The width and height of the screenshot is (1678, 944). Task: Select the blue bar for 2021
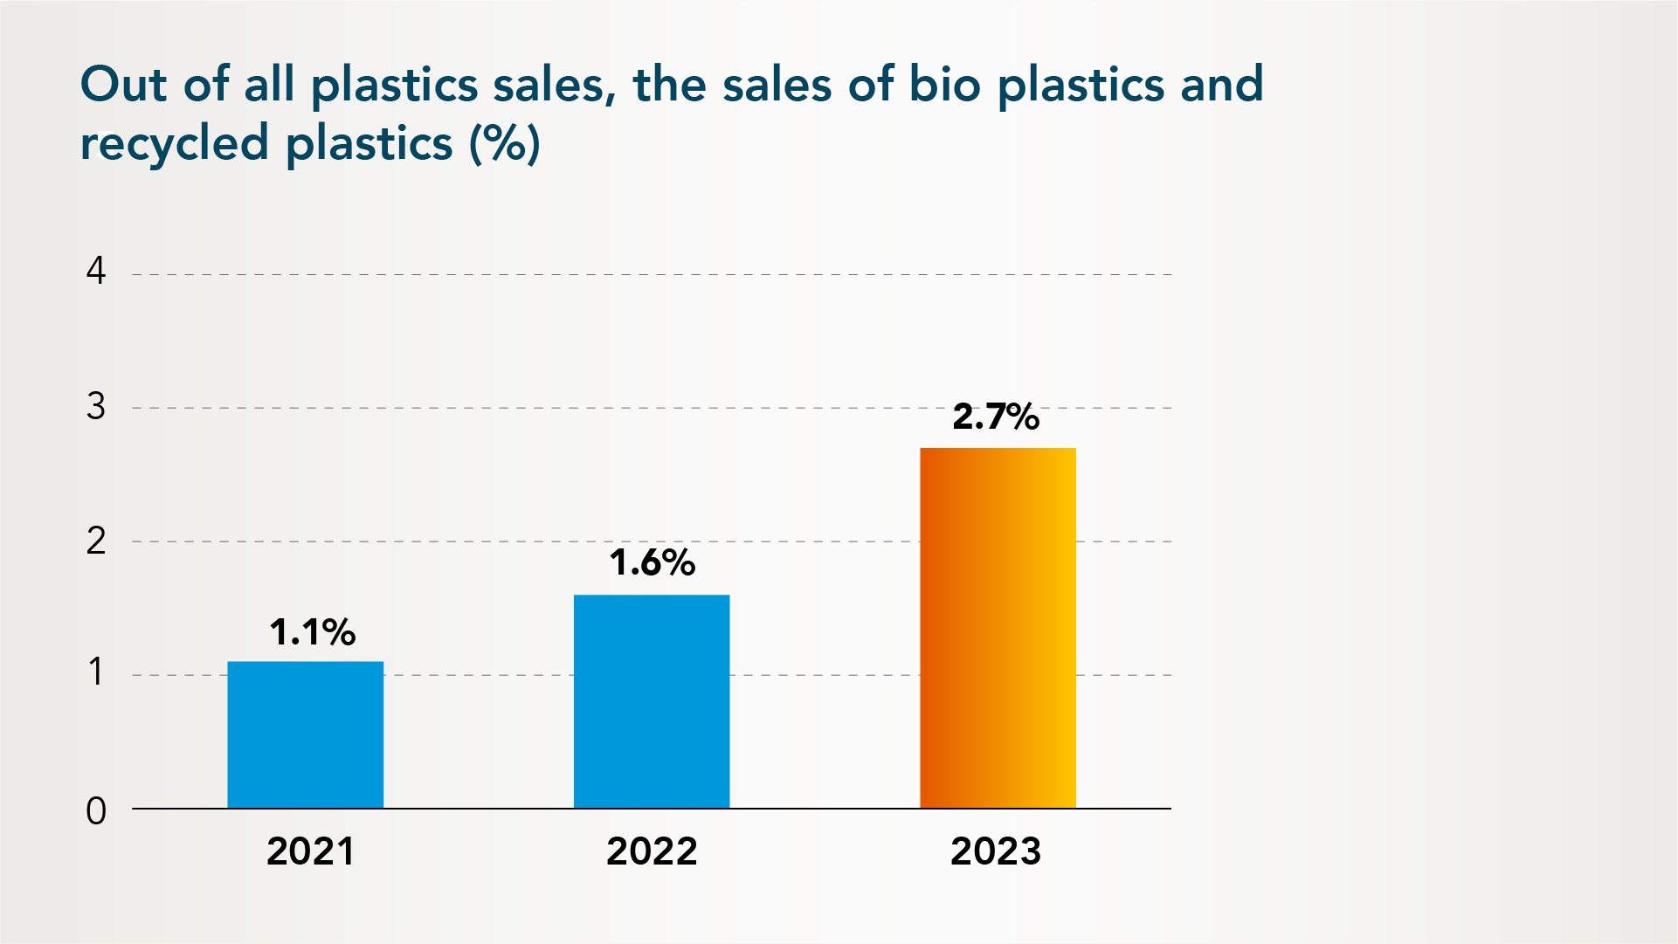[305, 734]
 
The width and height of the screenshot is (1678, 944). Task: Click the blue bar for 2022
[652, 701]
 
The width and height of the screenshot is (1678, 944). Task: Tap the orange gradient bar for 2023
[998, 628]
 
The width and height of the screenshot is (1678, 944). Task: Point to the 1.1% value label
[312, 632]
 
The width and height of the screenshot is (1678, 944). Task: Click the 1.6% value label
[652, 562]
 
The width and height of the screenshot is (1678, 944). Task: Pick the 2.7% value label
[996, 417]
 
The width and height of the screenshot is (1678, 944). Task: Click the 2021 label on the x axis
[310, 851]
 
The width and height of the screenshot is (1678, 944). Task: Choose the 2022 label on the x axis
[652, 851]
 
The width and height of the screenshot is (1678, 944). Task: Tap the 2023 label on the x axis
[996, 851]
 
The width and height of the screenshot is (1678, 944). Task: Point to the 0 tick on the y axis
[96, 811]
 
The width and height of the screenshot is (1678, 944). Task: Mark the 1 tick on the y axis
[96, 672]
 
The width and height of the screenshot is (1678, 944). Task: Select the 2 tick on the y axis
[96, 541]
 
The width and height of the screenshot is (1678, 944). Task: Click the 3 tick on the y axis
[96, 407]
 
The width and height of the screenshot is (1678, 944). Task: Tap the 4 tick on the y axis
[96, 272]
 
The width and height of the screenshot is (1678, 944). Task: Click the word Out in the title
[123, 85]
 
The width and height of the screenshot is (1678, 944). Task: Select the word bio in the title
[944, 85]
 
